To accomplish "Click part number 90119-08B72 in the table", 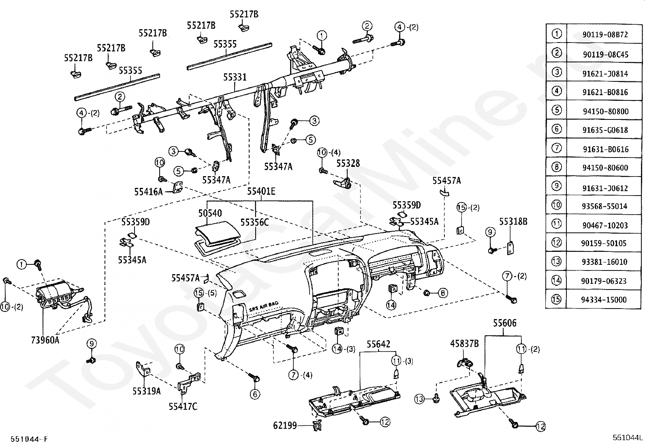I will [x=605, y=35].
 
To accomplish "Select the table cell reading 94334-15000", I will [x=605, y=300].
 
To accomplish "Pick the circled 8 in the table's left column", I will [x=557, y=167].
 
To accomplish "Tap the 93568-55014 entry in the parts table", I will [x=605, y=206].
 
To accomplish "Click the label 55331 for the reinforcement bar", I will [x=235, y=77].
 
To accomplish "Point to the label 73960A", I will [x=45, y=340].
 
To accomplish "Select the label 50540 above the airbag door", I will [x=210, y=213].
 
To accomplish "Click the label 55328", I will [x=348, y=163].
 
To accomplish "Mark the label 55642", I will [x=378, y=344].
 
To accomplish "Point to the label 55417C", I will [x=183, y=406].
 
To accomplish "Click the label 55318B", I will [x=513, y=221].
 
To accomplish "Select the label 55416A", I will [x=148, y=191].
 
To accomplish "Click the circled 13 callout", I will [x=419, y=399].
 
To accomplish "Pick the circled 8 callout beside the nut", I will [x=443, y=292].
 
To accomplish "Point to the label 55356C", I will [x=254, y=222].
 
